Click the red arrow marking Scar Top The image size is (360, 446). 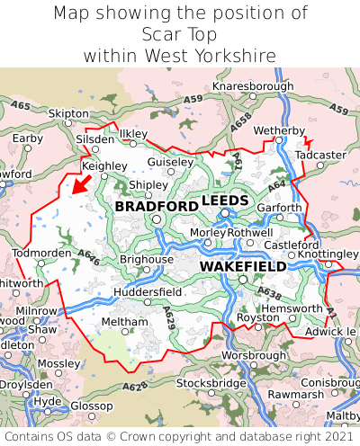point(81,183)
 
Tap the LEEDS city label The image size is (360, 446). point(226,200)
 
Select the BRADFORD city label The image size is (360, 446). point(157,207)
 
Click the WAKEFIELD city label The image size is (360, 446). point(243,267)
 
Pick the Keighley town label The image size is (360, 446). point(104,166)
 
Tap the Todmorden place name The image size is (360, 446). point(40,253)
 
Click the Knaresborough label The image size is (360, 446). point(253,85)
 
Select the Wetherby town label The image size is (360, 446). point(280,130)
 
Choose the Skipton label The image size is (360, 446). point(68,113)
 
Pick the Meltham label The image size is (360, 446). point(119,321)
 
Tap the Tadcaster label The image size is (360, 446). point(320,155)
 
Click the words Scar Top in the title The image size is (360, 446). point(180,34)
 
